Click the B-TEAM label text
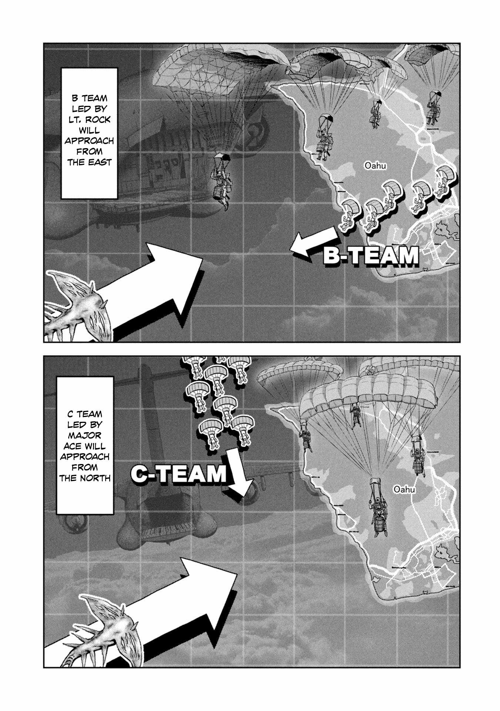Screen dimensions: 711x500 pos(371,256)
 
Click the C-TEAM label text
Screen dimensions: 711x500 pos(179,474)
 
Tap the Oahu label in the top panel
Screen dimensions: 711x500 pos(375,166)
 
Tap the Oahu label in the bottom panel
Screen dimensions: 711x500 pos(404,489)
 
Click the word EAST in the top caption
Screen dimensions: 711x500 pos(100,162)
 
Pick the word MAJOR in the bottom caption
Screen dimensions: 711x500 pos(85,435)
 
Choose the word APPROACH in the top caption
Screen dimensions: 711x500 pos(89,141)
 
